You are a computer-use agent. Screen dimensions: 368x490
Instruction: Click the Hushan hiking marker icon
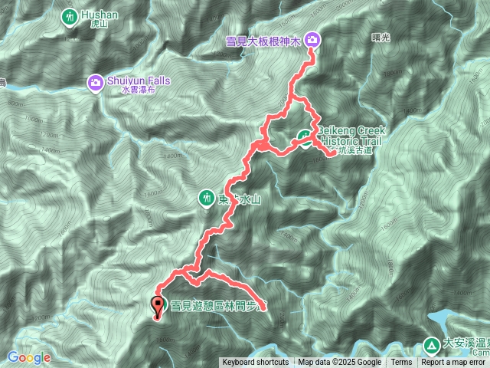(x=70, y=15)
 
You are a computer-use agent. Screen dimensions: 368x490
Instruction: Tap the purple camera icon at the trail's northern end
(x=312, y=39)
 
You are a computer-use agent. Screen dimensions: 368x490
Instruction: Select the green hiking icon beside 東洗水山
(x=206, y=199)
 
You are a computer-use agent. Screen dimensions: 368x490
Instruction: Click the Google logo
(x=28, y=357)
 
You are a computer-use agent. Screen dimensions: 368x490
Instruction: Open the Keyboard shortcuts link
(x=256, y=363)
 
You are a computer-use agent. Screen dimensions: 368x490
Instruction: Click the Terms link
(x=401, y=363)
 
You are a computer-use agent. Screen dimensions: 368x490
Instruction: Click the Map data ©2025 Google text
(x=340, y=363)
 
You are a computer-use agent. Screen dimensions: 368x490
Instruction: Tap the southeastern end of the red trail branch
(x=263, y=310)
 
